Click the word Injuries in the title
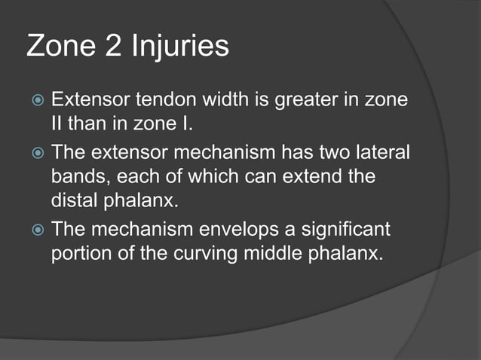[x=180, y=47]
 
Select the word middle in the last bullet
[x=273, y=252]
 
